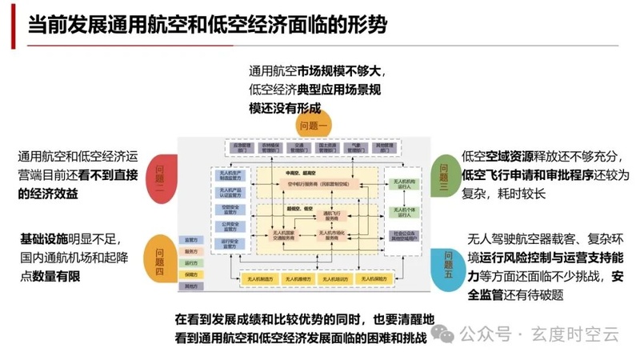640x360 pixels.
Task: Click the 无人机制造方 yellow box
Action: click(258, 278)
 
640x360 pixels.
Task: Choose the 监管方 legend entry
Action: click(191, 239)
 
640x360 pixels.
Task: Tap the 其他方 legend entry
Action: click(191, 286)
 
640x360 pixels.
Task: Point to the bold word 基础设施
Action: click(43, 238)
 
